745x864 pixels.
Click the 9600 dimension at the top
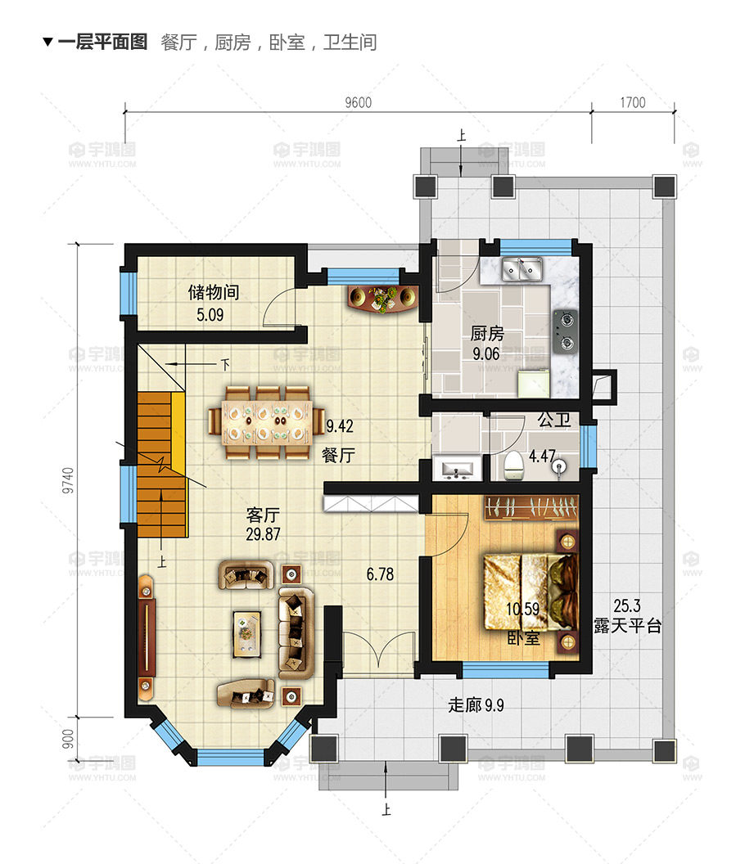tap(358, 103)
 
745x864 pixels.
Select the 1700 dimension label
tap(632, 103)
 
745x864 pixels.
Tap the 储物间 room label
tap(213, 293)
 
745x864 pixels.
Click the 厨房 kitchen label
tap(486, 334)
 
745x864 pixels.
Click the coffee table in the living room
tap(246, 633)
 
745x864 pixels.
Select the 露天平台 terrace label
tap(628, 627)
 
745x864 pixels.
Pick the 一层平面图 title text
tap(102, 43)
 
